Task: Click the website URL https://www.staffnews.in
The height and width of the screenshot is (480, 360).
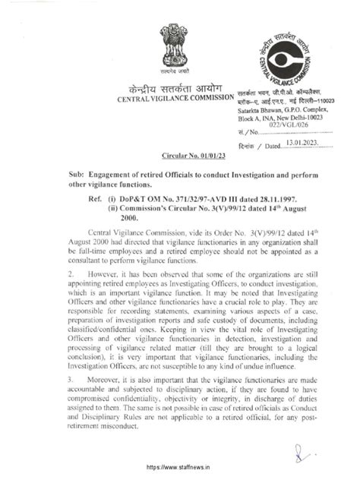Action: coord(179,468)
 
